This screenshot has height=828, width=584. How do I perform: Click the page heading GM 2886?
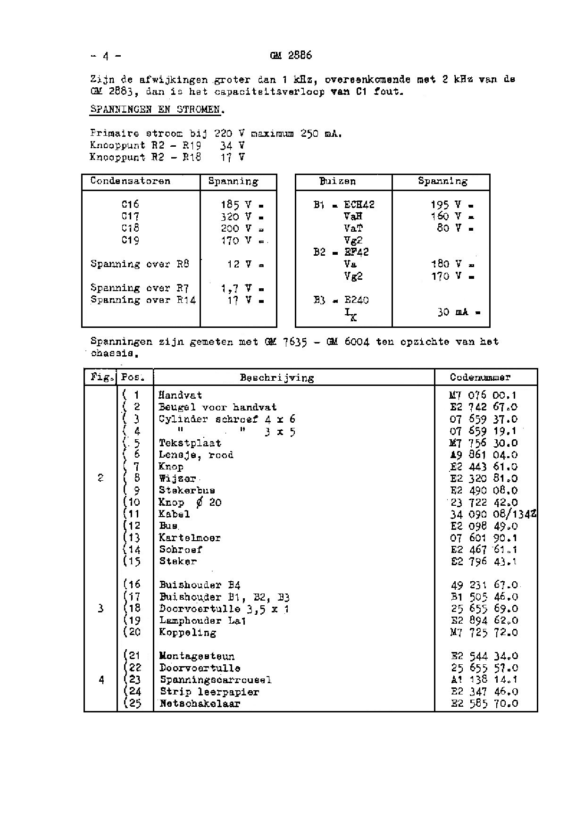[291, 56]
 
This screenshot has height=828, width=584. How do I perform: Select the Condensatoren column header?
[130, 181]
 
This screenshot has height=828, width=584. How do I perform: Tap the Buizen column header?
[338, 181]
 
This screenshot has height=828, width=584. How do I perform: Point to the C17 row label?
[130, 217]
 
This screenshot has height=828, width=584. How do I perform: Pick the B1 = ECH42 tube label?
[344, 205]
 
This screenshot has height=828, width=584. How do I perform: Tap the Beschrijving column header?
[277, 377]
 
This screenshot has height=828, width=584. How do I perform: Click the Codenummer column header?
[480, 377]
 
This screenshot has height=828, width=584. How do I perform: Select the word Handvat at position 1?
[180, 395]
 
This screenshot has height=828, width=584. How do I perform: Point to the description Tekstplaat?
[190, 443]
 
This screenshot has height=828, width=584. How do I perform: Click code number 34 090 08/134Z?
[492, 514]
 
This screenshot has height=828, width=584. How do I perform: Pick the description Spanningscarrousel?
[216, 680]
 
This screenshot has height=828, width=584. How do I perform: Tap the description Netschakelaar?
[200, 704]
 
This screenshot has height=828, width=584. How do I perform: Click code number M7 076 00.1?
[484, 395]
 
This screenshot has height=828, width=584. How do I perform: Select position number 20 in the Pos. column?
[134, 632]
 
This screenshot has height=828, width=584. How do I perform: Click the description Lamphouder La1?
[203, 620]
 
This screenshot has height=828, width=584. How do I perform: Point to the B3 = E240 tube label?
[341, 300]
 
